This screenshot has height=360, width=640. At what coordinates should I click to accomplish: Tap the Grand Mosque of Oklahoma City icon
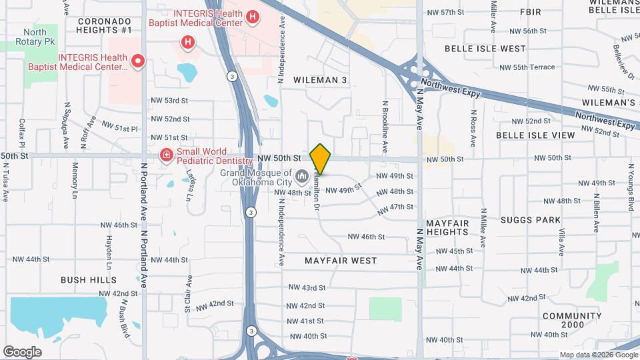pyautogui.click(x=301, y=176)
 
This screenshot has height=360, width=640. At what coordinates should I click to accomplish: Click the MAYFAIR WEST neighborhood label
pyautogui.click(x=341, y=261)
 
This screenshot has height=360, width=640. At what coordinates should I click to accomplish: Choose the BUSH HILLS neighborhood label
pyautogui.click(x=89, y=280)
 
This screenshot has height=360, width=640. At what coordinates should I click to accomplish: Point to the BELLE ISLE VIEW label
pyautogui.click(x=535, y=135)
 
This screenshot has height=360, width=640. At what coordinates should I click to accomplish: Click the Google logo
pyautogui.click(x=22, y=351)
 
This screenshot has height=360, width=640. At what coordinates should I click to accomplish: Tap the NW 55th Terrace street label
pyautogui.click(x=526, y=67)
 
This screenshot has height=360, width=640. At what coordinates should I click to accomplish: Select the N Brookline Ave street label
pyautogui.click(x=385, y=127)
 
